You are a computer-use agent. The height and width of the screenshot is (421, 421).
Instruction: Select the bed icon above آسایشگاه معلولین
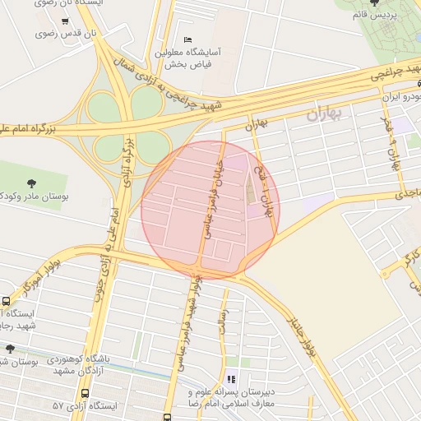point(187,39)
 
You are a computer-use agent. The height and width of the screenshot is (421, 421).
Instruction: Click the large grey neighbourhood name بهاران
point(328,114)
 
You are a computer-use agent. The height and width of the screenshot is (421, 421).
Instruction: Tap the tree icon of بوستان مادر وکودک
point(31,183)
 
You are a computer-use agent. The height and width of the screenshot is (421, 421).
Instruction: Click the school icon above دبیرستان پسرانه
point(232,380)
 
